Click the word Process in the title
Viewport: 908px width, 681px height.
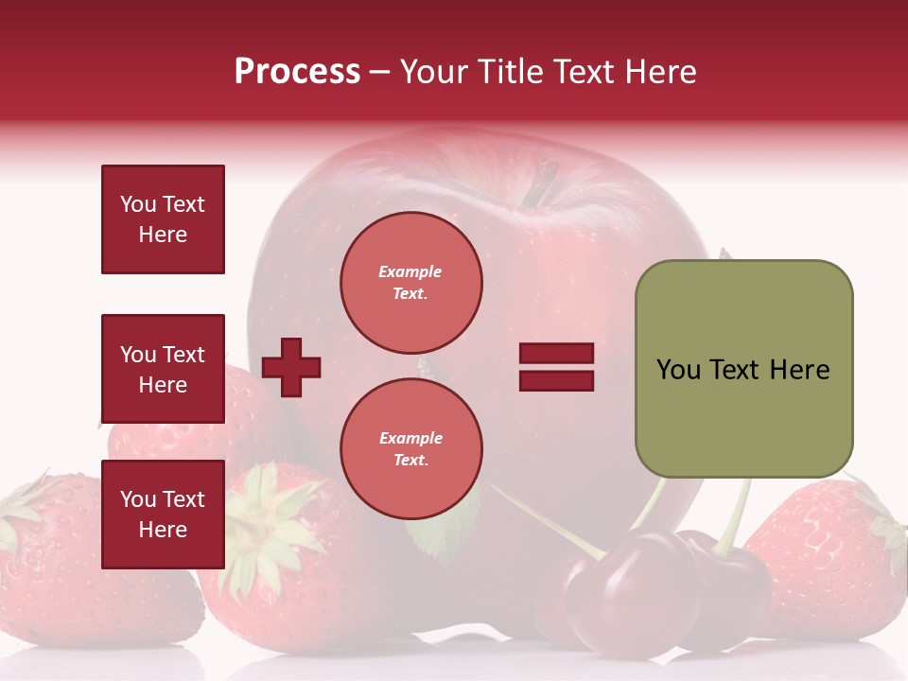point(297,72)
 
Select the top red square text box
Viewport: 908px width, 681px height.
point(163,219)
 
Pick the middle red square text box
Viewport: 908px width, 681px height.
point(163,369)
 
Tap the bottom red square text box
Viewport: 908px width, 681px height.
point(163,515)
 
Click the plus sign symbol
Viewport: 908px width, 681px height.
point(291,368)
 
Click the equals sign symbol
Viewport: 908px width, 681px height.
point(556,368)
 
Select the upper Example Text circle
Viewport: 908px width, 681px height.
point(410,283)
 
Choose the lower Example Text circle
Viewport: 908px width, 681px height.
point(410,449)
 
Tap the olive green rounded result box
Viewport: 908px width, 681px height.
point(743,369)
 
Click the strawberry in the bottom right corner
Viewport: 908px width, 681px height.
point(828,558)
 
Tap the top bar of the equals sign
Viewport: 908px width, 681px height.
point(556,354)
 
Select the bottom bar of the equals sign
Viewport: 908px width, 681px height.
point(556,381)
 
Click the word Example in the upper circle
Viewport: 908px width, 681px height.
point(410,271)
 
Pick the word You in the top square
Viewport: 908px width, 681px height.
point(138,204)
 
